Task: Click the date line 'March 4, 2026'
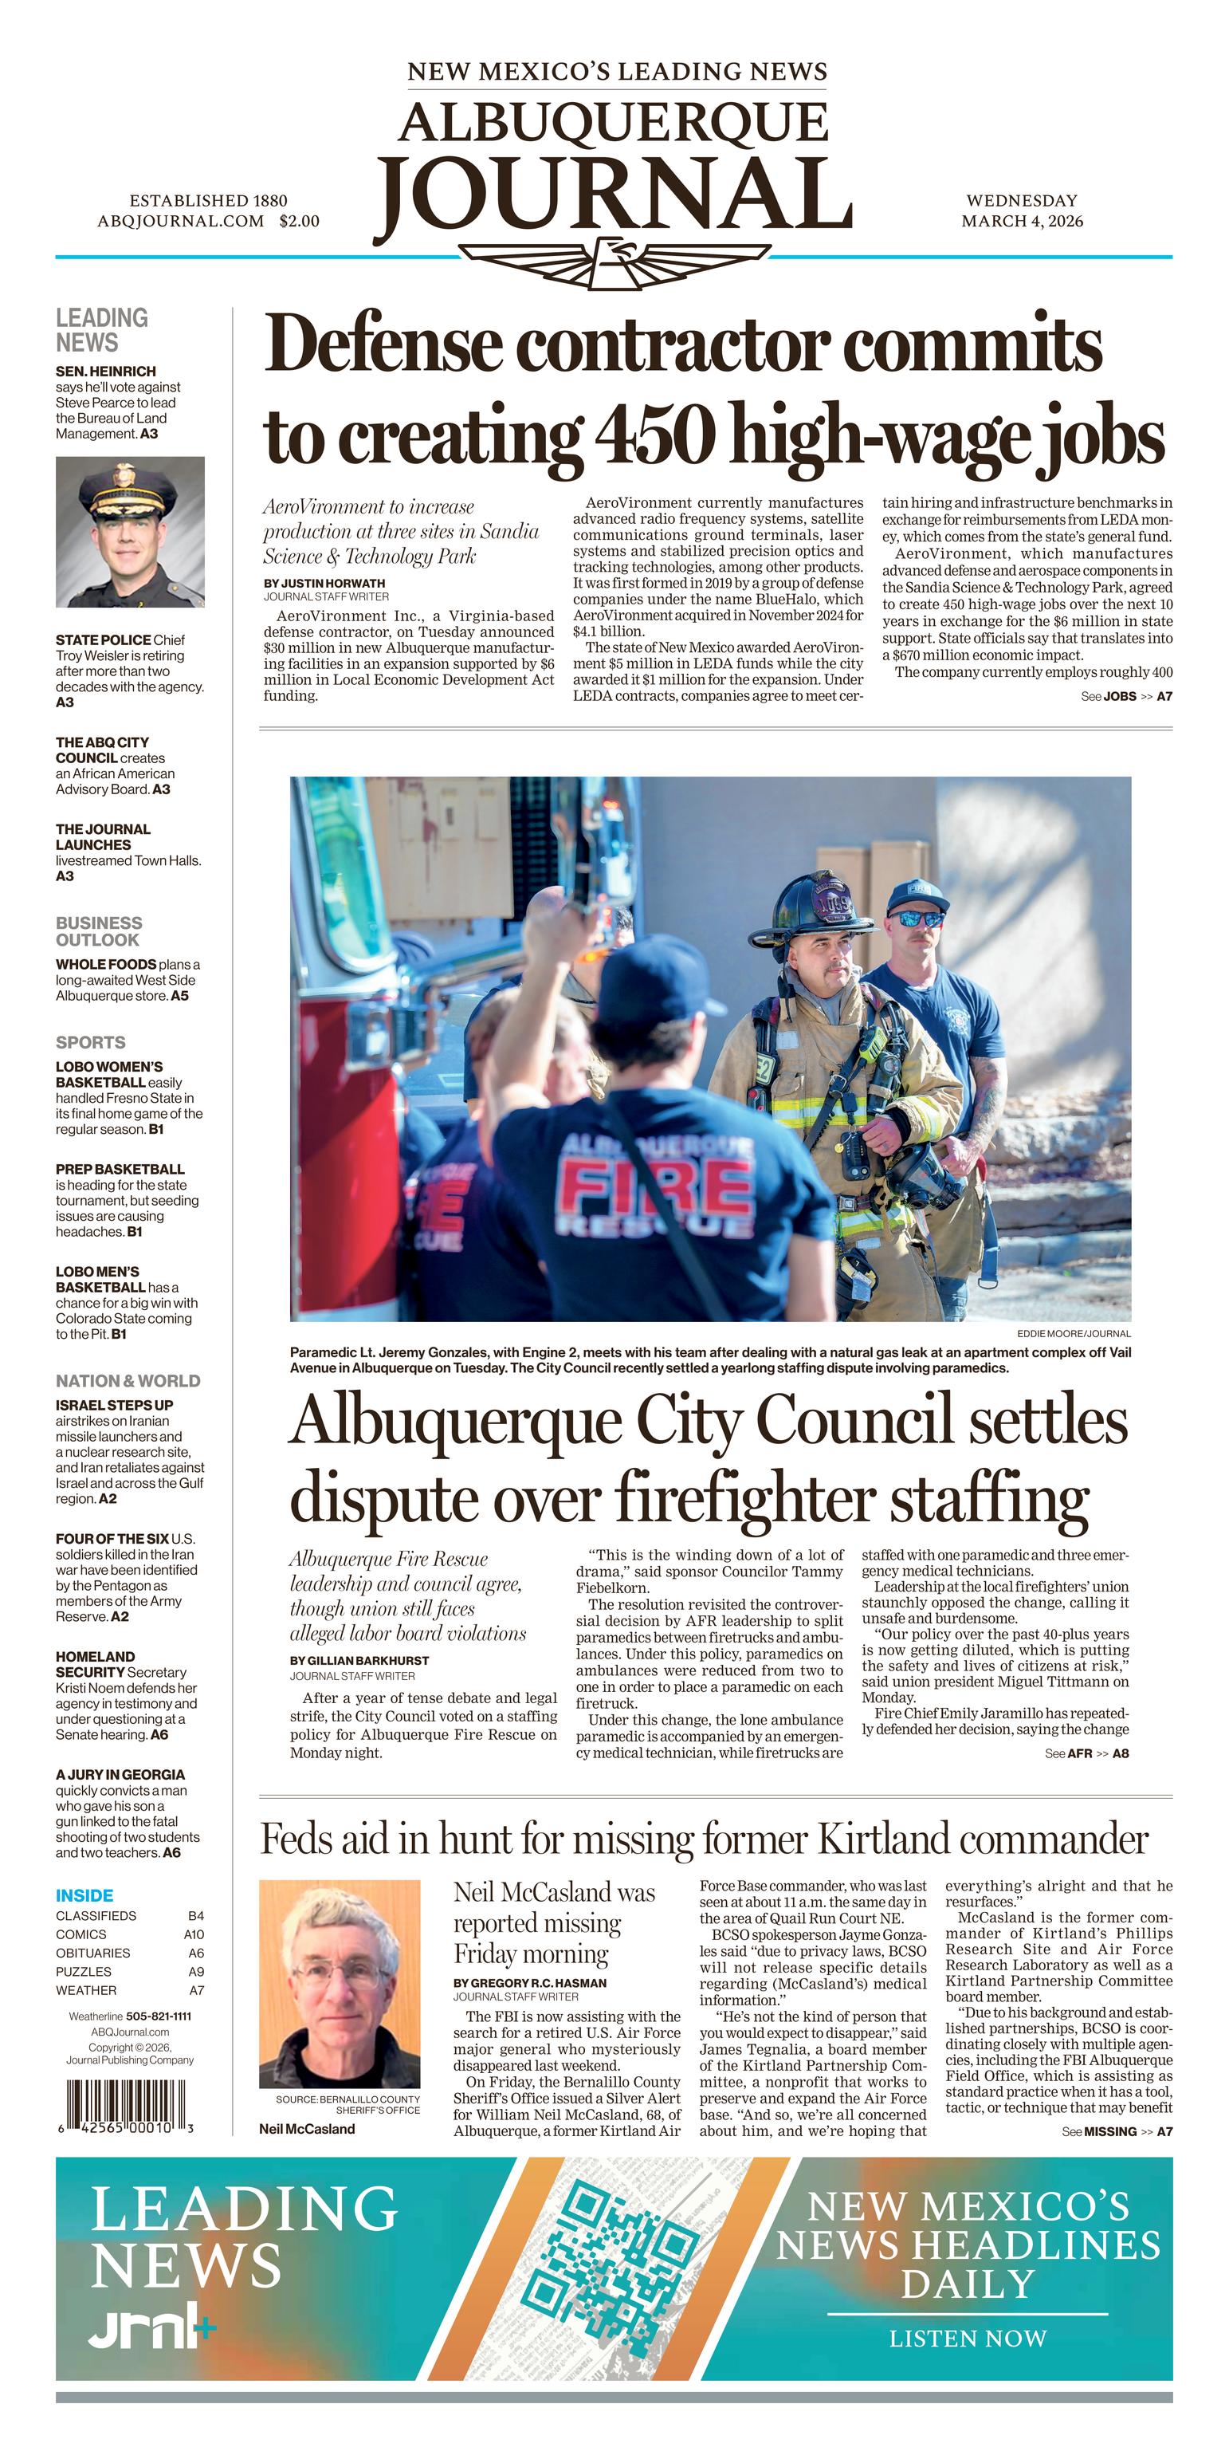tap(1021, 222)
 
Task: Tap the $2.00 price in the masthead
tap(300, 222)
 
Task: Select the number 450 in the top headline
tap(654, 435)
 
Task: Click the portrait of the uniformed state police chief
tap(130, 532)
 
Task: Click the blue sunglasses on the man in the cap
tap(915, 919)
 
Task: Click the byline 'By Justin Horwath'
tap(324, 583)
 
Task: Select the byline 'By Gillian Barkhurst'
tap(359, 1661)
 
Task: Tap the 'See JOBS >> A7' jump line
tap(1126, 697)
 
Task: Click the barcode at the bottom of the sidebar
tap(125, 2102)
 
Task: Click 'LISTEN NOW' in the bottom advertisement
tap(968, 2338)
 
